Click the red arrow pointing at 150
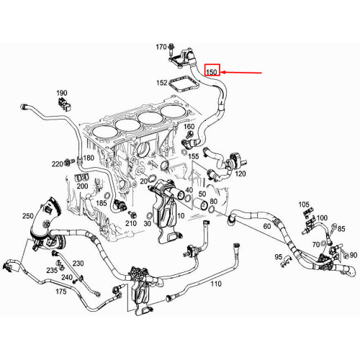tap(245, 72)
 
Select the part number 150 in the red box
tap(212, 72)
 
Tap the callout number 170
tap(162, 48)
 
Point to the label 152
tap(162, 83)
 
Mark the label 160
tap(189, 127)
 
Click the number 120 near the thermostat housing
tap(240, 174)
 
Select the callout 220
tap(57, 163)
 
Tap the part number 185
tap(100, 204)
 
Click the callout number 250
tap(28, 216)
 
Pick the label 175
tap(61, 292)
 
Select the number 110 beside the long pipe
tap(215, 284)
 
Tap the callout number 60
tap(266, 226)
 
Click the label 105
tap(303, 205)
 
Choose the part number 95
tap(278, 257)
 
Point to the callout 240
tap(66, 277)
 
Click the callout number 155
tap(194, 156)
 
